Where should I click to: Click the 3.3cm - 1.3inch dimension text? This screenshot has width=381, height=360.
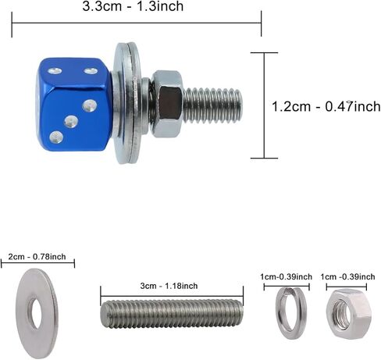point(137,8)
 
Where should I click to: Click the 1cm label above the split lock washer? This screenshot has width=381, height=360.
point(286,276)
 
